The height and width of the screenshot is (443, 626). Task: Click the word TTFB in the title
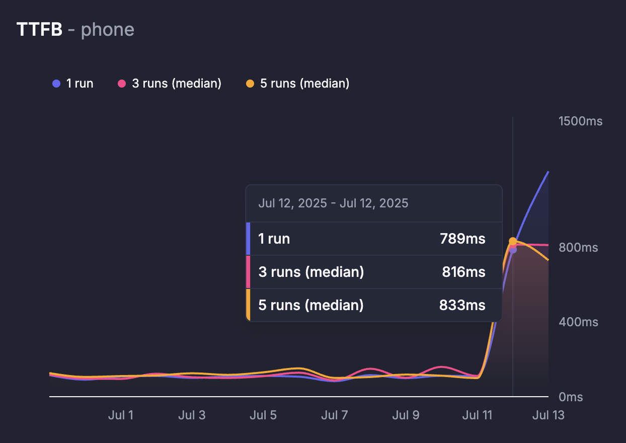(39, 30)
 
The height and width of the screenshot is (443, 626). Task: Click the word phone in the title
(107, 30)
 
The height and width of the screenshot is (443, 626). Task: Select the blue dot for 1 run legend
(56, 84)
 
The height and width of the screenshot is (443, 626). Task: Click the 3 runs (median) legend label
(176, 84)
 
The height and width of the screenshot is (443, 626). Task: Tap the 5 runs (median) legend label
(304, 84)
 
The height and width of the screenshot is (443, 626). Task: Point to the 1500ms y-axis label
(580, 121)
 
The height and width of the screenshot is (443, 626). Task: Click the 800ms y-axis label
(578, 248)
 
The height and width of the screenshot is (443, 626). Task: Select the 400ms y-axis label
(578, 322)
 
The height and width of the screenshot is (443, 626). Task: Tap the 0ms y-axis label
(571, 397)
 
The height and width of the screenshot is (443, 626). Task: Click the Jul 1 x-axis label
(121, 415)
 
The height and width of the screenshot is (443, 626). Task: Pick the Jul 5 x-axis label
(263, 415)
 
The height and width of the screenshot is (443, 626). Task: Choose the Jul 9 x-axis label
(406, 415)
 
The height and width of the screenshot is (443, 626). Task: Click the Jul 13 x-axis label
(548, 415)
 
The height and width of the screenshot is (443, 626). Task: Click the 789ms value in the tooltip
(462, 239)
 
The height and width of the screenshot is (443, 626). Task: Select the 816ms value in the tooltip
(463, 272)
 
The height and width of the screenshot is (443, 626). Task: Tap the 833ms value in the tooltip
(462, 305)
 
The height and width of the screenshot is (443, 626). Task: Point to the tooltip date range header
(333, 203)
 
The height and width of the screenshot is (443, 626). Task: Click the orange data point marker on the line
(513, 241)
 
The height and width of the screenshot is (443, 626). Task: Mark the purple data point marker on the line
(513, 249)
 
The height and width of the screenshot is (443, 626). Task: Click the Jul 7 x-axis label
(334, 415)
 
